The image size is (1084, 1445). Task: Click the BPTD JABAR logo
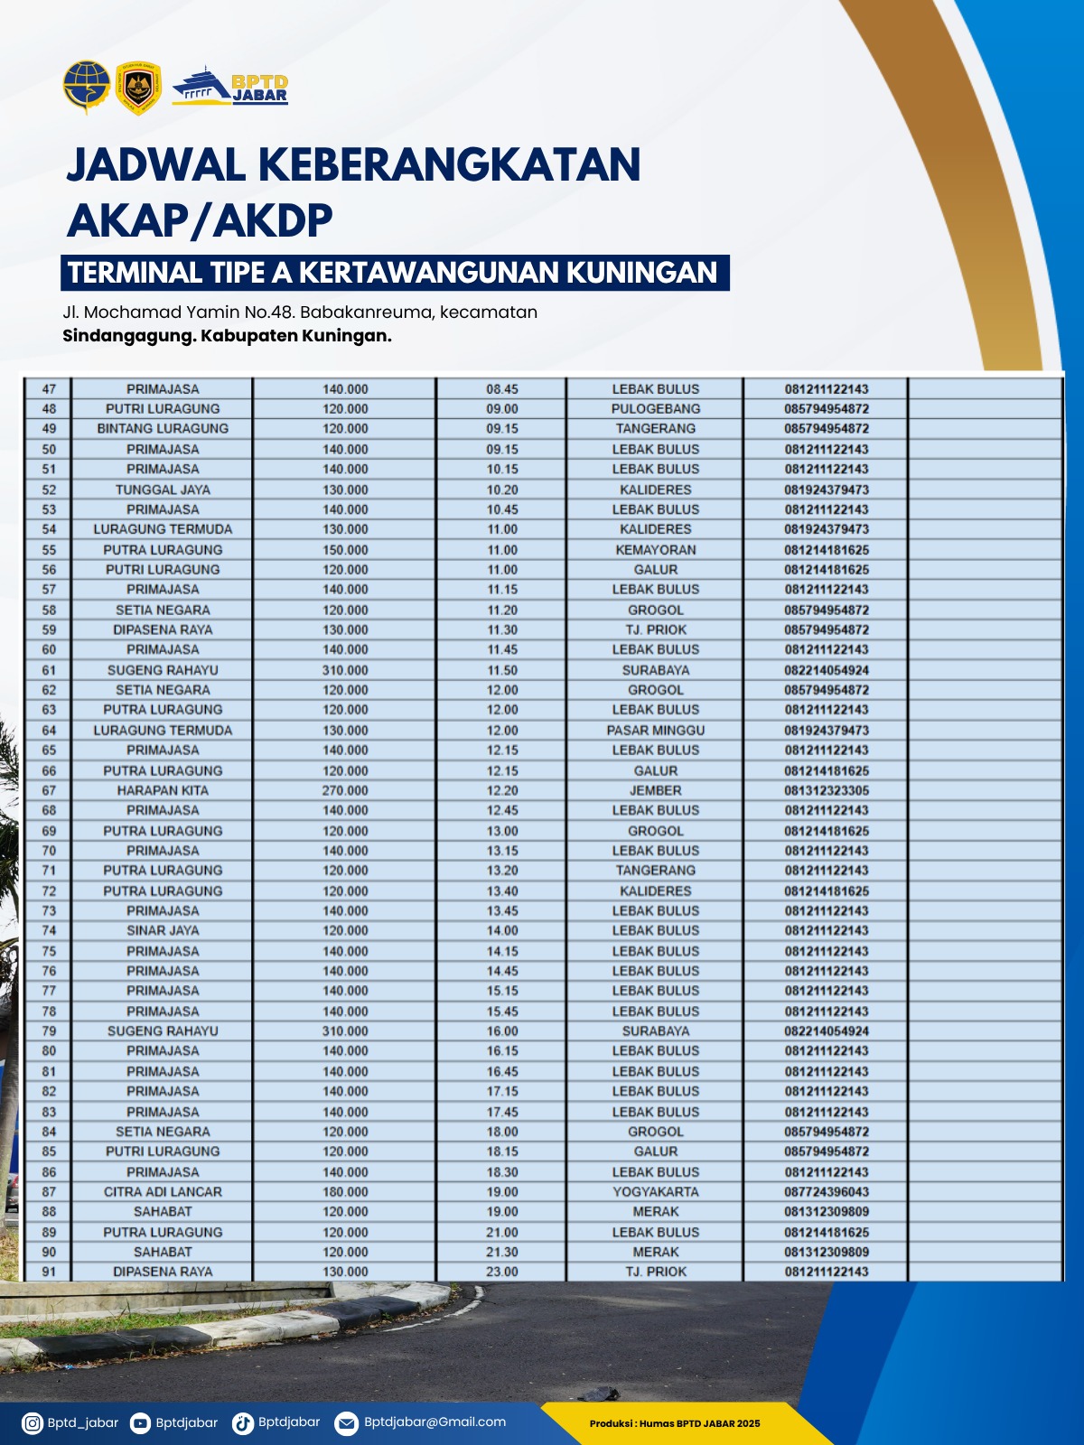231,87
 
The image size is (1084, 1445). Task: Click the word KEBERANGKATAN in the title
450,164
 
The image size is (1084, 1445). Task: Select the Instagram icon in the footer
33,1423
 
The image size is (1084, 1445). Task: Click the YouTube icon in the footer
140,1423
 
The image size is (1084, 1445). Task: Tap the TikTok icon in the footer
242,1423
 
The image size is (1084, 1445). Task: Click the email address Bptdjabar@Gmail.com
435,1422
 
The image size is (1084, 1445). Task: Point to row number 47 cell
49,389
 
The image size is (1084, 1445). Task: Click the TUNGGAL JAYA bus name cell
163,489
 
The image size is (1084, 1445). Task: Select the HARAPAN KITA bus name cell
163,790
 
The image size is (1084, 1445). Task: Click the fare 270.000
345,790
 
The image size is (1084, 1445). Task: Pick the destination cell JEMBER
656,790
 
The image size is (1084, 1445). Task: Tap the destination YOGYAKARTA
656,1192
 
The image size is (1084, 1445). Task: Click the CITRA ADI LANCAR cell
163,1192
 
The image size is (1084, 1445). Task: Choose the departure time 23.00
502,1272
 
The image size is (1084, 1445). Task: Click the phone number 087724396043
827,1192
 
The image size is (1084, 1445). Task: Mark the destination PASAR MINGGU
656,731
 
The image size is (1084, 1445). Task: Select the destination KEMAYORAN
656,550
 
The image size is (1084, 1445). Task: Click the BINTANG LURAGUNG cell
163,429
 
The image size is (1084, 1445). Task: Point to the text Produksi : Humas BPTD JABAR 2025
675,1423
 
